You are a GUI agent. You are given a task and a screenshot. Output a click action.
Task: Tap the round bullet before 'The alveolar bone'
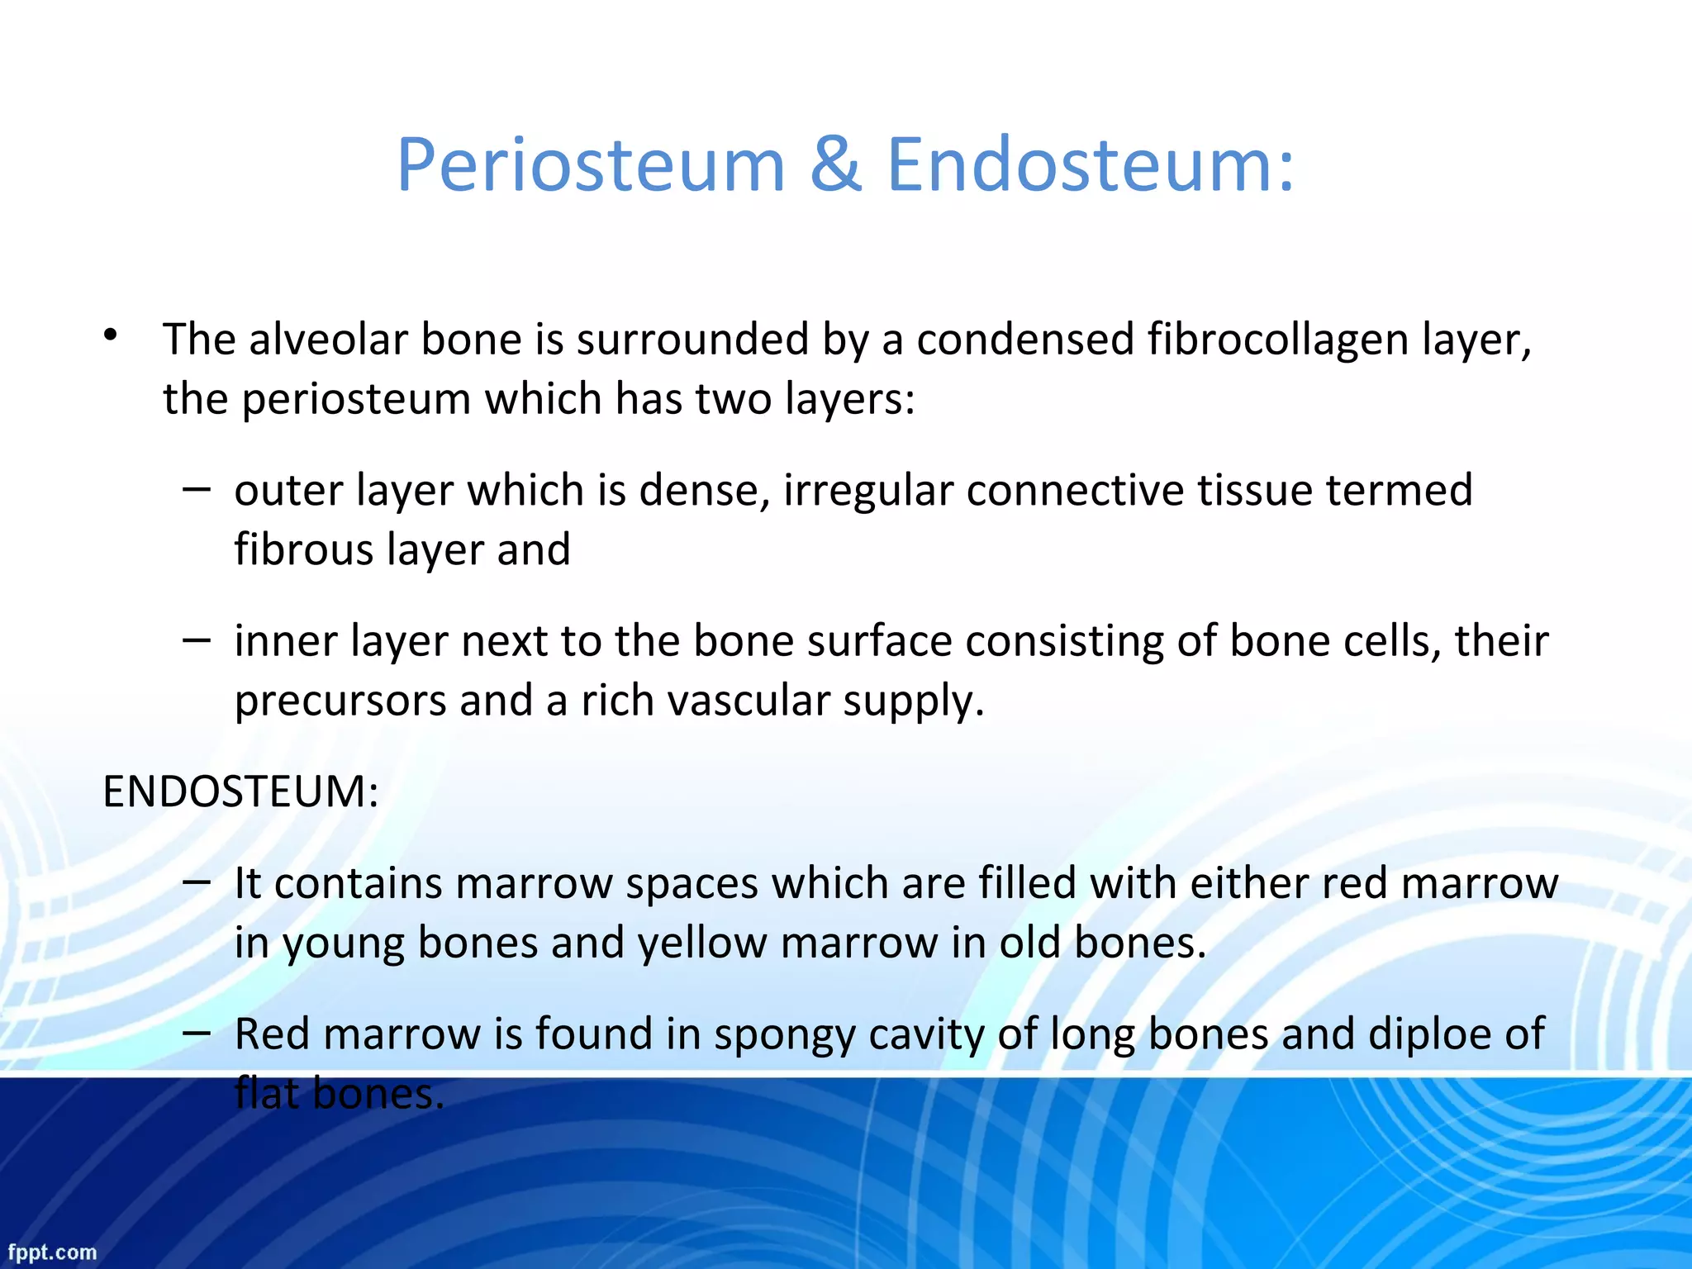tap(111, 335)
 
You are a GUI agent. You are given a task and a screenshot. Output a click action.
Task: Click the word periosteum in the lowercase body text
tap(357, 400)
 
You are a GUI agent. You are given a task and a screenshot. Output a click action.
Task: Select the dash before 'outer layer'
tap(197, 489)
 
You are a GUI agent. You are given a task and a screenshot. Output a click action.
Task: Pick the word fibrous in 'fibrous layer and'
tap(303, 550)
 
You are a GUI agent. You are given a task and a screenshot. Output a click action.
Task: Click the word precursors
tap(340, 701)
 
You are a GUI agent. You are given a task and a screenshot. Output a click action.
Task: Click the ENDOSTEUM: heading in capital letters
tap(240, 791)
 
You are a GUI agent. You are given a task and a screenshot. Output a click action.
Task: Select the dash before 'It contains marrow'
tap(197, 882)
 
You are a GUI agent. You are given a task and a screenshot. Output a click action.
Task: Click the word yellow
tap(701, 943)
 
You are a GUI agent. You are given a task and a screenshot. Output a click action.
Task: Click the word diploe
tap(1428, 1034)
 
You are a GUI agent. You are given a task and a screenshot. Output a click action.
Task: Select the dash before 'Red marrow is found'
tap(197, 1033)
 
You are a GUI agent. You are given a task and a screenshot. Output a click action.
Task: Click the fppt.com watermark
tap(52, 1252)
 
